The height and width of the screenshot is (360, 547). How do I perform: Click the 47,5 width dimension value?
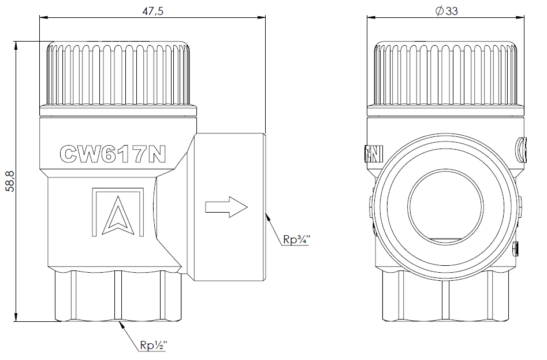152,11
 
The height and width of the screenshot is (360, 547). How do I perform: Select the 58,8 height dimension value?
11,181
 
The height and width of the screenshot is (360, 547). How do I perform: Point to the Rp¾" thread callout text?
296,239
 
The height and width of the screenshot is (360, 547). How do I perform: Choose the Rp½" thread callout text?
154,346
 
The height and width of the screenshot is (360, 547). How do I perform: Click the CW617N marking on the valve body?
113,154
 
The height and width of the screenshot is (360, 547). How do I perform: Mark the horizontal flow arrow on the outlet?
226,207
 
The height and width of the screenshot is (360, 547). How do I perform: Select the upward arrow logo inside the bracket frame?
118,216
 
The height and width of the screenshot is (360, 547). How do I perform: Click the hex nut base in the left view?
118,295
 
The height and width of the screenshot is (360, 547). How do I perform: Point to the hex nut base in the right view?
445,296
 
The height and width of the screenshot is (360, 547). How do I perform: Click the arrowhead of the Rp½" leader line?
121,324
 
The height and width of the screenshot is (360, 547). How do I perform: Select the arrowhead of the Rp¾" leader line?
267,216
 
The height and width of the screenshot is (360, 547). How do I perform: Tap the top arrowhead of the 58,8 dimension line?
16,45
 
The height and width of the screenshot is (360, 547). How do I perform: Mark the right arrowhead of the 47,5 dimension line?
262,16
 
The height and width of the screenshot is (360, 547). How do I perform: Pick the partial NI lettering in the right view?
374,154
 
